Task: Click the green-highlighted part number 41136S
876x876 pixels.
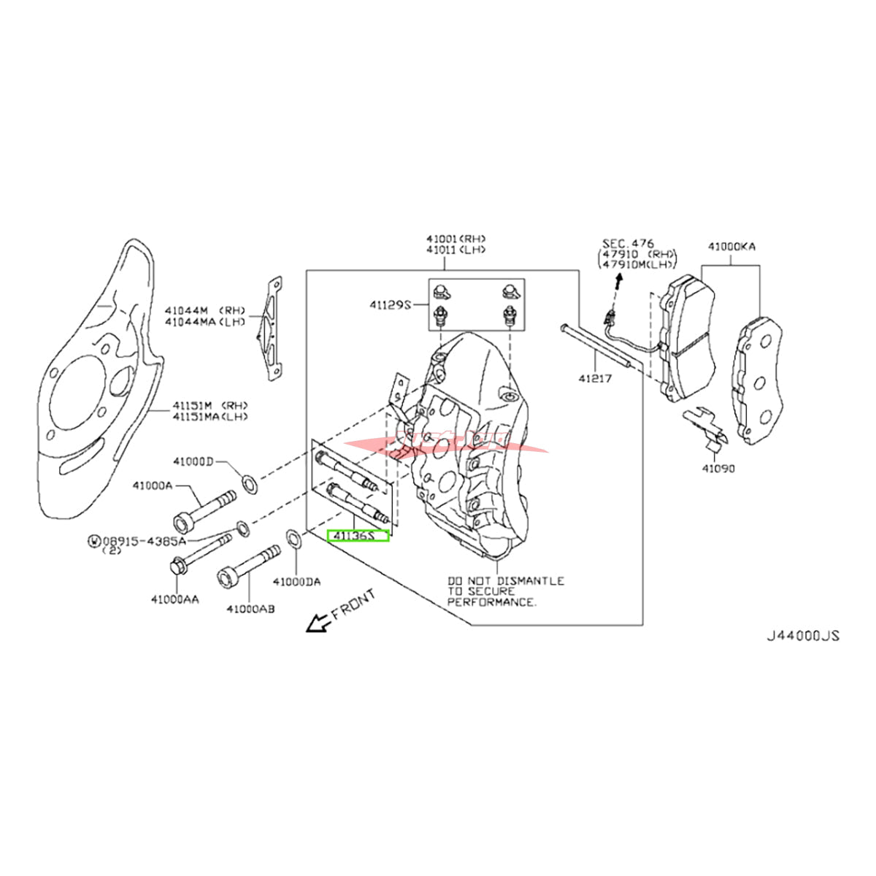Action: point(358,537)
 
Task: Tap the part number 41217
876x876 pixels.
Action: point(595,379)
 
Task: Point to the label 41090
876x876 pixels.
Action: point(718,469)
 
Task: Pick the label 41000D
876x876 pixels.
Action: point(193,461)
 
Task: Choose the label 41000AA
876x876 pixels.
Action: point(175,599)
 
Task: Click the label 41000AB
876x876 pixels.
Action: point(250,607)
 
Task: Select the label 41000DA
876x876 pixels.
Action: point(296,581)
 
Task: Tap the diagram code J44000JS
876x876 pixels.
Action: point(803,636)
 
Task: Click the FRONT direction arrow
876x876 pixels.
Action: point(318,623)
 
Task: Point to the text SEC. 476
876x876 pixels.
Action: point(628,242)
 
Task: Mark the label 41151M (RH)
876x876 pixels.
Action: point(210,406)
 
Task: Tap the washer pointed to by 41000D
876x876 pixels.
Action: point(248,483)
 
